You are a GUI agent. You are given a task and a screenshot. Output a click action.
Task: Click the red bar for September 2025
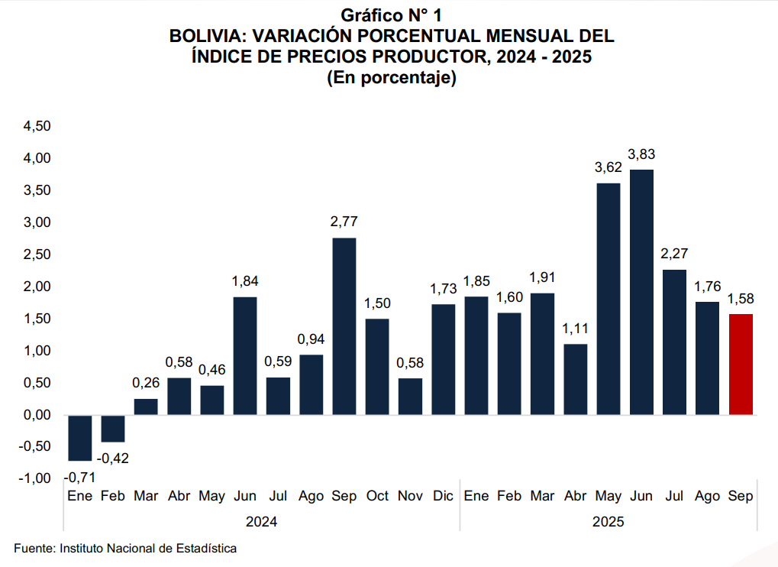[x=741, y=364]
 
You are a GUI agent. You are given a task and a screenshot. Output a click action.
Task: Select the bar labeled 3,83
[x=641, y=292]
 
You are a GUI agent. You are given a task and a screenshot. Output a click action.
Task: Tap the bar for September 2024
[x=344, y=326]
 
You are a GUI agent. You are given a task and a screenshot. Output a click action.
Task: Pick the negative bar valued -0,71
[x=79, y=438]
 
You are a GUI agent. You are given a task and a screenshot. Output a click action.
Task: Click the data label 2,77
[x=344, y=222]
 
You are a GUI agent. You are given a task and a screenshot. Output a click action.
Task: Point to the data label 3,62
[x=609, y=167]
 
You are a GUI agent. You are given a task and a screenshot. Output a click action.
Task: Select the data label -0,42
[x=113, y=458]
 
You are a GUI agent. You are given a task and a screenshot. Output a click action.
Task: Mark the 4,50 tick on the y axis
[x=36, y=126]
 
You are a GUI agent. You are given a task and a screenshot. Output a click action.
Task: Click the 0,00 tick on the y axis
[x=36, y=415]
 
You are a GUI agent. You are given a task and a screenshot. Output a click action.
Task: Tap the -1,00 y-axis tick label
[x=34, y=478]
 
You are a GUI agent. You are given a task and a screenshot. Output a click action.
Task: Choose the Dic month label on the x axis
[x=443, y=497]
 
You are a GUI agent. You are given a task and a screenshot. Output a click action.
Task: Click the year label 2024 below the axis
[x=261, y=522]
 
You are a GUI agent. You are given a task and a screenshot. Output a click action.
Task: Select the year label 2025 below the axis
[x=608, y=522]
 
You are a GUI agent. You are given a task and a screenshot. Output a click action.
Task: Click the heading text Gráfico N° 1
[x=392, y=15]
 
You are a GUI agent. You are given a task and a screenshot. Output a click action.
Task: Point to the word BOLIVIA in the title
[x=204, y=36]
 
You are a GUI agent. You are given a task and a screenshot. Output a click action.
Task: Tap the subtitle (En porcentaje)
[x=392, y=78]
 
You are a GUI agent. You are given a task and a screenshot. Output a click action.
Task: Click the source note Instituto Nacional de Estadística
[x=148, y=548]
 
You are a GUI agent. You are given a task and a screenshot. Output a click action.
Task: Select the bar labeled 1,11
[x=576, y=379]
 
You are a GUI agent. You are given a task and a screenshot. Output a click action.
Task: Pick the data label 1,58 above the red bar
[x=741, y=299]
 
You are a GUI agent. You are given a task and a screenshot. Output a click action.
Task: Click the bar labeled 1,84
[x=244, y=355]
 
